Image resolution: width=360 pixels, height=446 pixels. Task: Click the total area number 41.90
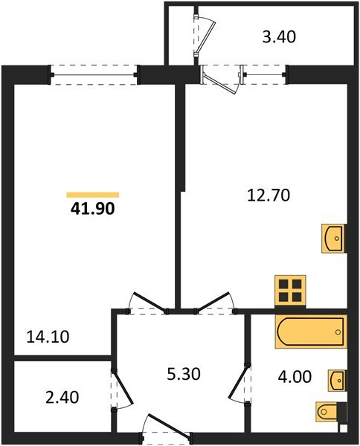pos(92,209)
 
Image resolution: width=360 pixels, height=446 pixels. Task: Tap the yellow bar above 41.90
pos(92,195)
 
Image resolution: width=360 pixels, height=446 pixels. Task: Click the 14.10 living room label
pos(48,337)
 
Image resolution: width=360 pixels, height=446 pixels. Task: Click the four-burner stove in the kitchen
pos(290,290)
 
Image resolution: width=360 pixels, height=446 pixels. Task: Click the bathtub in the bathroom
pos(310,332)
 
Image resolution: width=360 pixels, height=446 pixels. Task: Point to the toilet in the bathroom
pos(329,410)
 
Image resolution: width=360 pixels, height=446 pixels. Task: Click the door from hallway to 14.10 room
pos(147,301)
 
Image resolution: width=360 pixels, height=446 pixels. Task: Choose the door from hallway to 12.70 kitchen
pos(215,301)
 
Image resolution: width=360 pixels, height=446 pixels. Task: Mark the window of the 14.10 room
pos(94,72)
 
